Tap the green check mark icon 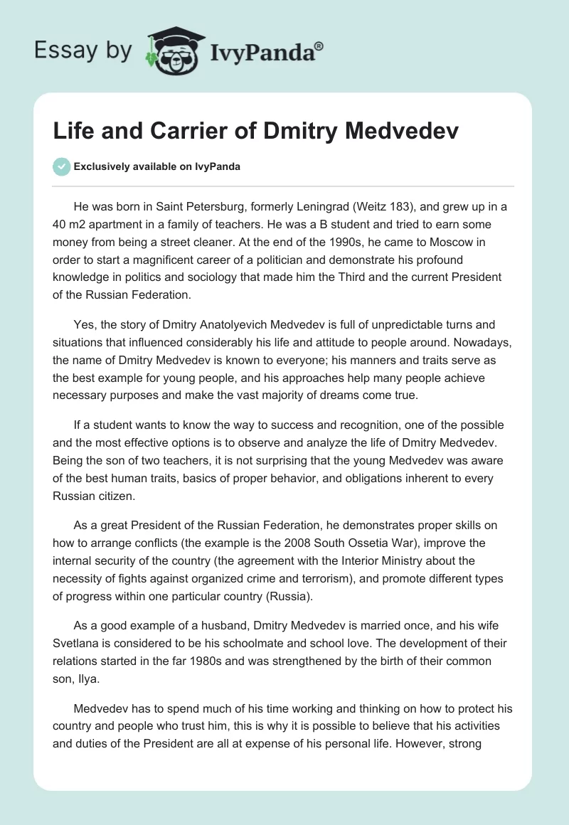coord(61,166)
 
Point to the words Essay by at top coord(83,50)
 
